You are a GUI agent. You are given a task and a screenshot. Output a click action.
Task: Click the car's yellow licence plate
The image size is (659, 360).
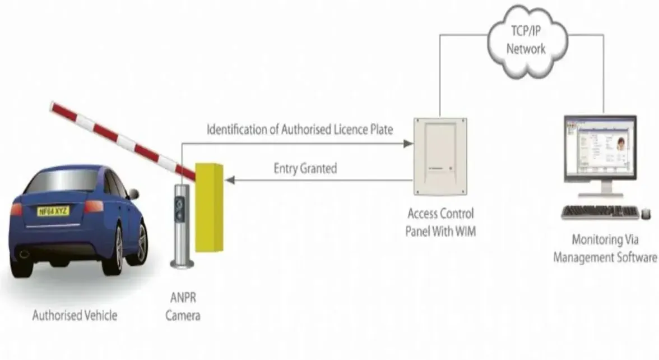(53, 211)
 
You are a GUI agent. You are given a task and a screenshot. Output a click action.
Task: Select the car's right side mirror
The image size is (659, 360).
(133, 194)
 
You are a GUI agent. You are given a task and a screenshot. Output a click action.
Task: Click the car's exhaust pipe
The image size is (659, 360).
(23, 254)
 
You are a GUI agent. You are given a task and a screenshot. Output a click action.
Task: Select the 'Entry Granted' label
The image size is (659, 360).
(305, 168)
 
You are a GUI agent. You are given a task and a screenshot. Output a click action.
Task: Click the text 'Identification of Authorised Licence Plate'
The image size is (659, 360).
(300, 130)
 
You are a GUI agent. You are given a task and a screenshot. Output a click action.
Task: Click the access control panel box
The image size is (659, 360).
(440, 156)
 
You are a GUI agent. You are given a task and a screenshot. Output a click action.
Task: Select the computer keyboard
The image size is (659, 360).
(600, 212)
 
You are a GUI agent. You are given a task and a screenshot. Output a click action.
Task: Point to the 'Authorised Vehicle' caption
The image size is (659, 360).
(75, 315)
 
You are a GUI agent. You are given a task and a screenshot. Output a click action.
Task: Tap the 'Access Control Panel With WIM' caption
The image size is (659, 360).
(440, 222)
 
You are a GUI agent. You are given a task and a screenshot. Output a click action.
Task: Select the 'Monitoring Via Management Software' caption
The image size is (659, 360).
(605, 249)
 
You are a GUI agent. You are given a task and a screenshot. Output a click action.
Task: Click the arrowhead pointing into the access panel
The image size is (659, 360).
(409, 144)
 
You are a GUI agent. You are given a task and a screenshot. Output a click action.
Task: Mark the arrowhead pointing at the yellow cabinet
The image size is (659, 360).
(229, 180)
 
